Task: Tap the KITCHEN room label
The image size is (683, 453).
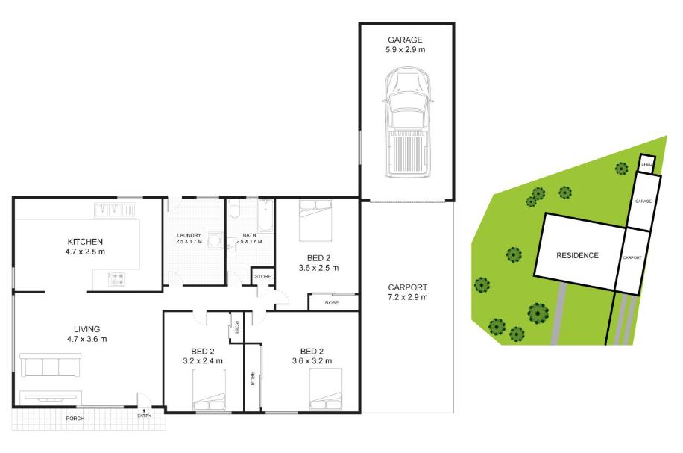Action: (x=85, y=242)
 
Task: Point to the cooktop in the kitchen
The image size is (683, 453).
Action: (x=116, y=279)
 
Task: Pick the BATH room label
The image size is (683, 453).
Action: (x=248, y=235)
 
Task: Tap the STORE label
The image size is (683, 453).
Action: (x=263, y=277)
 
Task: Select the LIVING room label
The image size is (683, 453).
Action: (x=86, y=328)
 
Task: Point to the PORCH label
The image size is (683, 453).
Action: (x=75, y=419)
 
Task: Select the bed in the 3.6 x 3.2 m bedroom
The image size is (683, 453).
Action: (x=326, y=390)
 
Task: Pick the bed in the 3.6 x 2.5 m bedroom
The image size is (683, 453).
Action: (x=314, y=222)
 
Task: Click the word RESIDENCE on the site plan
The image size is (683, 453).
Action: (x=577, y=255)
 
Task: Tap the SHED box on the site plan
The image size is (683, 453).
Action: (x=647, y=164)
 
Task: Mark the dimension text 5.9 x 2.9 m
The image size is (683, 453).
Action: (x=405, y=51)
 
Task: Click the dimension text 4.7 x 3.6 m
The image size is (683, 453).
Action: (x=86, y=339)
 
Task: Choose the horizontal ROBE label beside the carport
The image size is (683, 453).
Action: (x=331, y=303)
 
